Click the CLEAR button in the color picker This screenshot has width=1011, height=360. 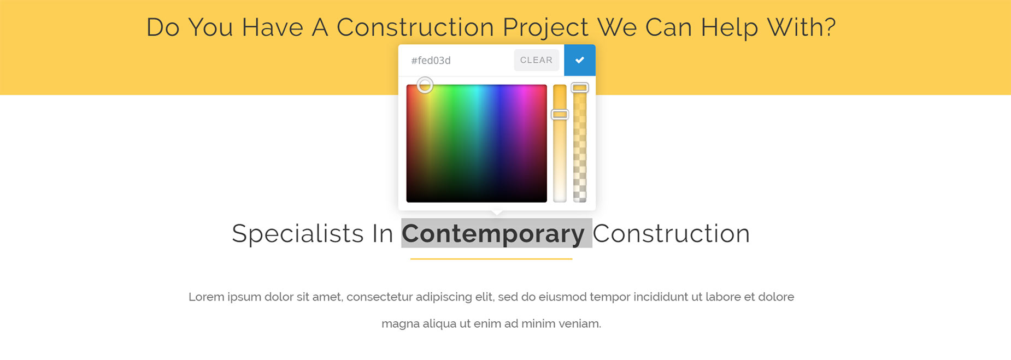[536, 60]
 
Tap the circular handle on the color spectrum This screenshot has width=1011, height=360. [425, 85]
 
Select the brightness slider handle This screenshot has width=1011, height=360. [560, 114]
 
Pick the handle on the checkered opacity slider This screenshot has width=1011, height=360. [579, 87]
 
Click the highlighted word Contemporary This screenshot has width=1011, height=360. [493, 234]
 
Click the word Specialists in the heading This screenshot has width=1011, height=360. [298, 234]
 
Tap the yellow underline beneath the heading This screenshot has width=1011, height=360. [491, 259]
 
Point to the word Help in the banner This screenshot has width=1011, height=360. [730, 28]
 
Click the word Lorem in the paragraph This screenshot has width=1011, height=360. [206, 297]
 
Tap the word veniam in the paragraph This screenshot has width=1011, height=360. [583, 323]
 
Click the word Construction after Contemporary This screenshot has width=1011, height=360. [671, 234]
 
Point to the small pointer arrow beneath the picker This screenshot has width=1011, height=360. [497, 214]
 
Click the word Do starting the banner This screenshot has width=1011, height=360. [163, 28]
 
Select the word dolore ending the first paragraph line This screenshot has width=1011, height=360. [776, 297]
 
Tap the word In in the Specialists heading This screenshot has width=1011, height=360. [383, 234]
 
